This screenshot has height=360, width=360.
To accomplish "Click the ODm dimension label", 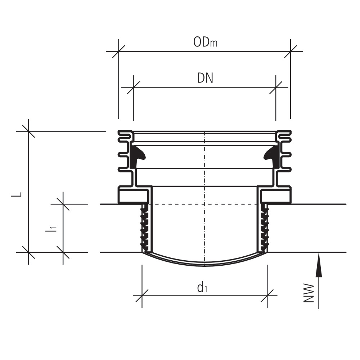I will point(205,42).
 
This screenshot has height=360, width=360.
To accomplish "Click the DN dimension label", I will point(205,78).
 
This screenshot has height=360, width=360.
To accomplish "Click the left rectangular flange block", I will point(133,196).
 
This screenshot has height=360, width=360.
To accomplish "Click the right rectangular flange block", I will point(276,196).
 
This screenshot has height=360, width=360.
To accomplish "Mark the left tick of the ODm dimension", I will point(118,51).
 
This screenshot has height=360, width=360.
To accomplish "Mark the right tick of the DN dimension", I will point(276,87).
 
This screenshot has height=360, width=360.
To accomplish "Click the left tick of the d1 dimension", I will point(142,296).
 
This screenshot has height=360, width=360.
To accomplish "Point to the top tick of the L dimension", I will point(28,131).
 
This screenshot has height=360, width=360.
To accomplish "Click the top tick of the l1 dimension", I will point(63,204).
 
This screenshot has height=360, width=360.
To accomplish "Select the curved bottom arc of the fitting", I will point(204,265).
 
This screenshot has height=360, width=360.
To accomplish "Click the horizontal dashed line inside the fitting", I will point(180,204).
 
